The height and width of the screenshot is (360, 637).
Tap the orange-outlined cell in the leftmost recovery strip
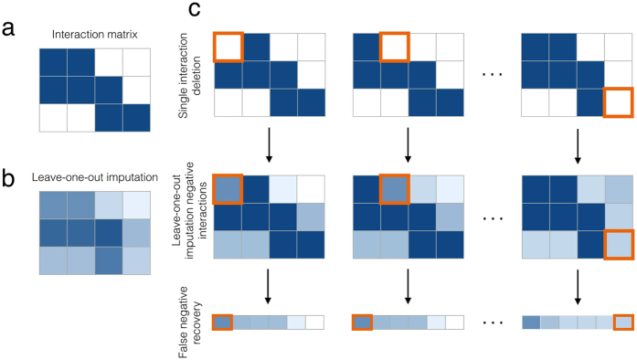[x=221, y=323]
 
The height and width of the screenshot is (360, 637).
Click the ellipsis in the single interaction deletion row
[x=494, y=76]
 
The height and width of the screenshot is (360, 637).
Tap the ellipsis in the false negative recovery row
[x=494, y=323]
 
